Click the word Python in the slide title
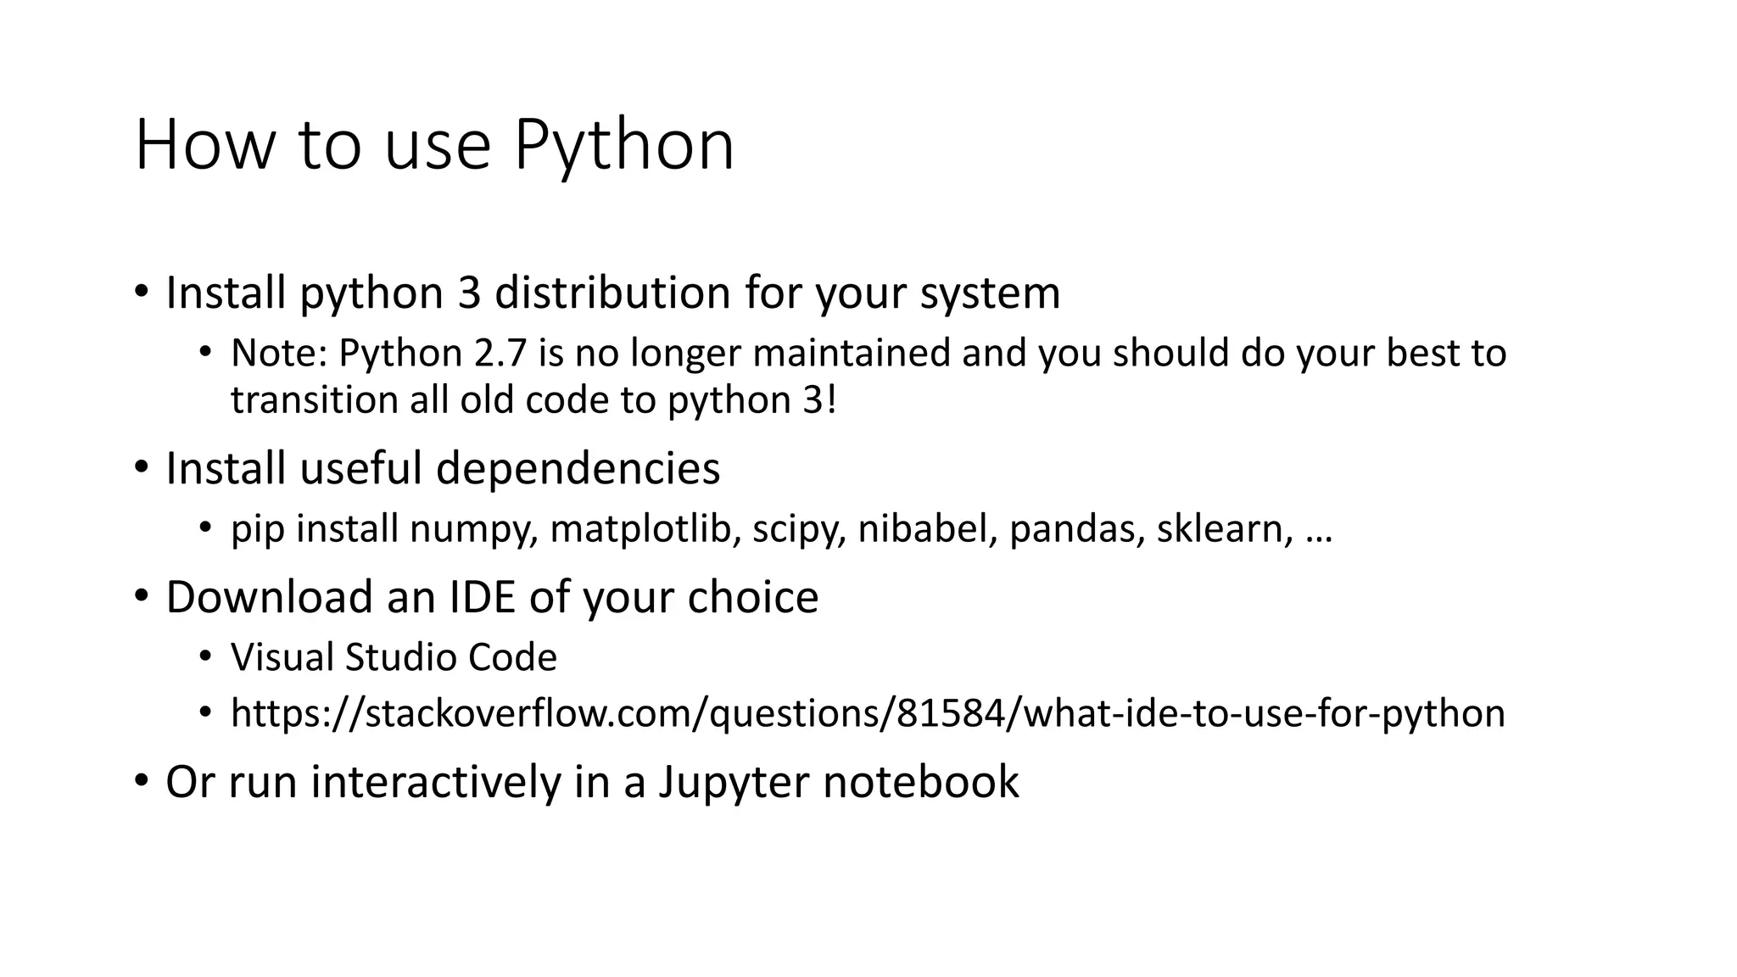pyautogui.click(x=623, y=146)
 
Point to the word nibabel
pyautogui.click(x=927, y=529)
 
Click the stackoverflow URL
pyautogui.click(x=868, y=713)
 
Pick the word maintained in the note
pyautogui.click(x=852, y=353)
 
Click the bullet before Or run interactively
pyautogui.click(x=141, y=779)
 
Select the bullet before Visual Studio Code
pyautogui.click(x=204, y=656)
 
